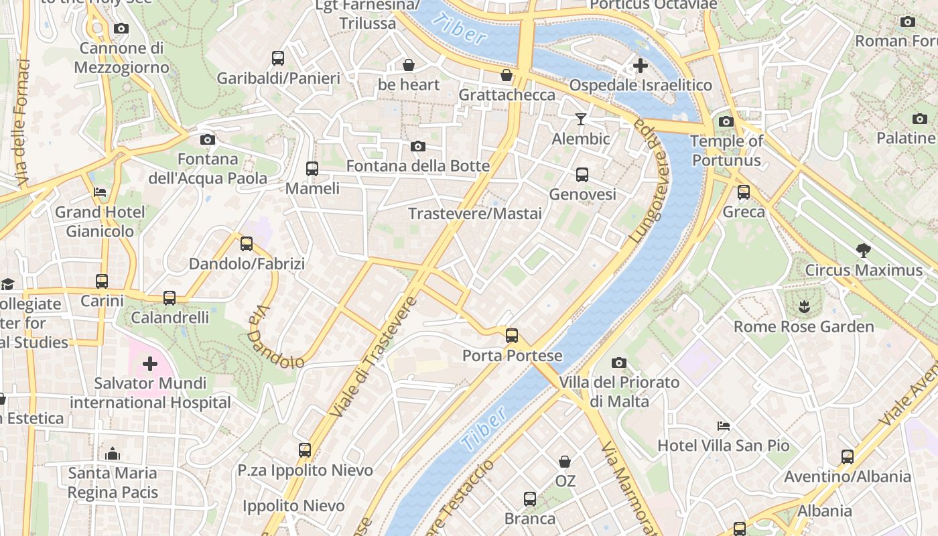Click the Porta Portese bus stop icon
tap(512, 336)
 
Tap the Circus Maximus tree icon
tap(864, 251)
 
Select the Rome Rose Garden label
tap(804, 327)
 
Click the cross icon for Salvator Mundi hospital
tap(150, 364)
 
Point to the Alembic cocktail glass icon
tap(581, 119)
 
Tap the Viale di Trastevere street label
tap(373, 357)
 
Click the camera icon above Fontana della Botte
tap(418, 146)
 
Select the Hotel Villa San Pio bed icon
tap(723, 425)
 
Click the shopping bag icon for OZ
tap(565, 462)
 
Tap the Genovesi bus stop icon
tap(582, 175)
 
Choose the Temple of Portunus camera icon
tap(726, 121)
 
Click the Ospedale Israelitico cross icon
tap(641, 66)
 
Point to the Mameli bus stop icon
tap(312, 169)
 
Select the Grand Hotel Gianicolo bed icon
tap(100, 193)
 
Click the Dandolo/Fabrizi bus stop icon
tap(247, 244)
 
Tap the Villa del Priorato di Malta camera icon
tap(619, 363)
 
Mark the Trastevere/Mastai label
tap(475, 214)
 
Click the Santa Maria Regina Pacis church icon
tap(113, 454)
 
